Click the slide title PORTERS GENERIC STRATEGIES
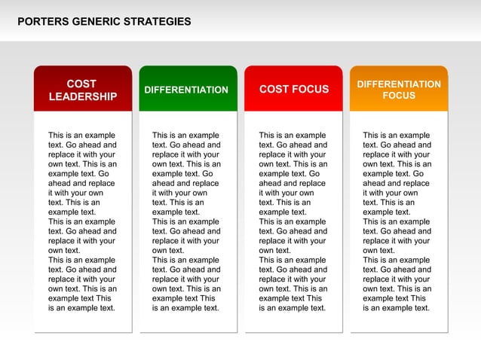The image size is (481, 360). click(104, 22)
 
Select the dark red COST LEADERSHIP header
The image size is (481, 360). click(83, 90)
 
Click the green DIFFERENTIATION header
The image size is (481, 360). click(186, 90)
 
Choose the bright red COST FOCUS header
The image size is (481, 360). click(294, 90)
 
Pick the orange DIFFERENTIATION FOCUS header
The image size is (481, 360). click(399, 90)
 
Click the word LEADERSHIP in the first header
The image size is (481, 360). click(83, 96)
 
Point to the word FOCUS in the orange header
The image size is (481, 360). click(399, 96)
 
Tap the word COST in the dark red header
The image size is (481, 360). click(81, 84)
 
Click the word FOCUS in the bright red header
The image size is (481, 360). click(311, 90)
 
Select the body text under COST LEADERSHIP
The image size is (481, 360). click(83, 221)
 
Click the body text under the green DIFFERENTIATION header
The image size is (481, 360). click(186, 221)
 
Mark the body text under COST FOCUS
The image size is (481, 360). click(293, 221)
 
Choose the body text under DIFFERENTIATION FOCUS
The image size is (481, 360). click(397, 221)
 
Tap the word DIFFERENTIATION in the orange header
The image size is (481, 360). click(399, 84)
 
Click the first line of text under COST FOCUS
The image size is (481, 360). click(293, 136)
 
